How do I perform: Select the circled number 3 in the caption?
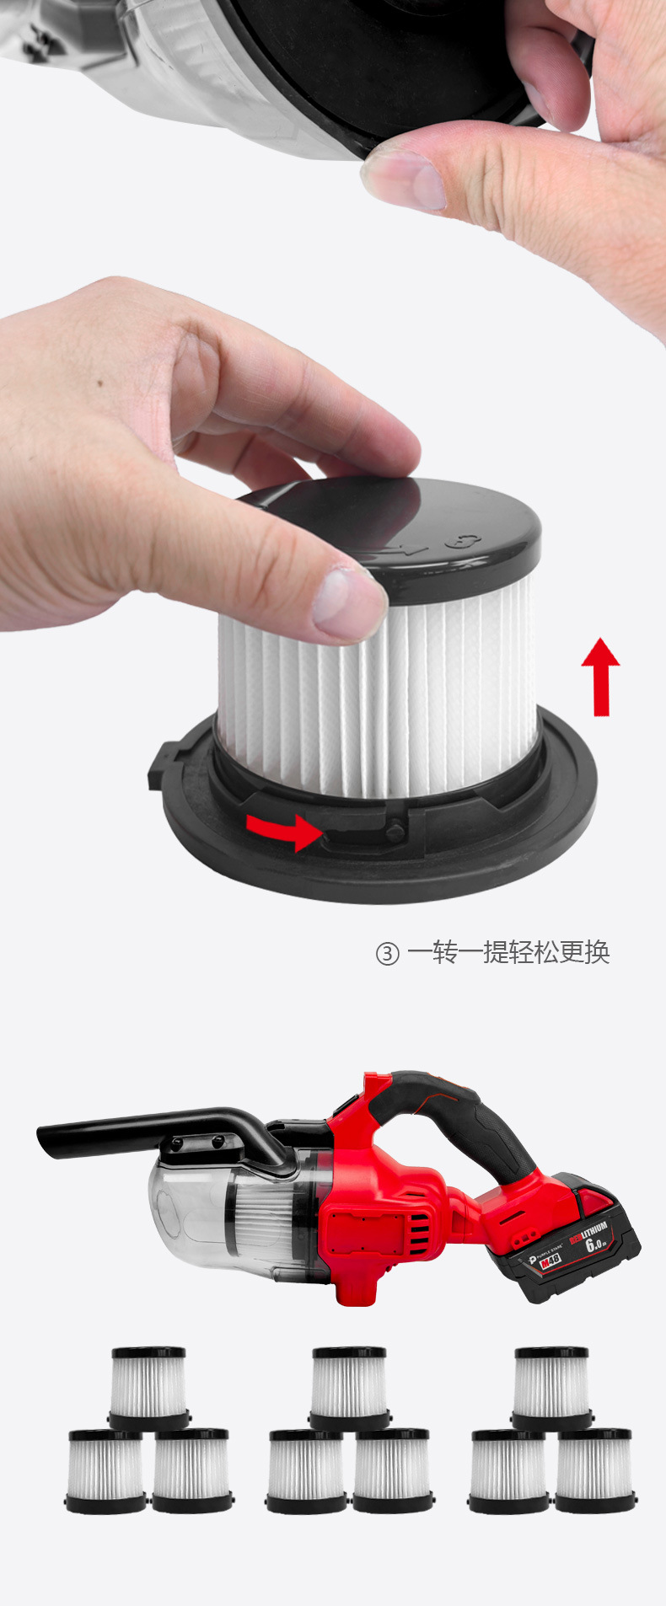(387, 954)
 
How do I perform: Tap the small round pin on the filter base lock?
(394, 831)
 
